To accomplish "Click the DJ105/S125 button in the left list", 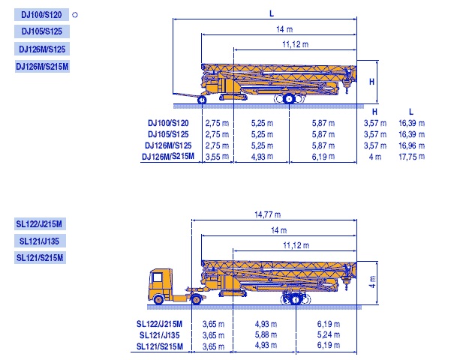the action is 42,31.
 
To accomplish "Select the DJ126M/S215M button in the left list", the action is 42,67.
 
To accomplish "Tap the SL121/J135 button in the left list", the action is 40,241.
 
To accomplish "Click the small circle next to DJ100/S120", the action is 75,15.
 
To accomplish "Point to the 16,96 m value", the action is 411,145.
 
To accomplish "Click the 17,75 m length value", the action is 411,157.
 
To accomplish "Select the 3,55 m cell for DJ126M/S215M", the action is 217,157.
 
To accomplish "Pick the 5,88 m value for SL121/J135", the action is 266,335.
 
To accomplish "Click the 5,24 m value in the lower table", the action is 329,335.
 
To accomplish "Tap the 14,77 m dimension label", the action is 267,214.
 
